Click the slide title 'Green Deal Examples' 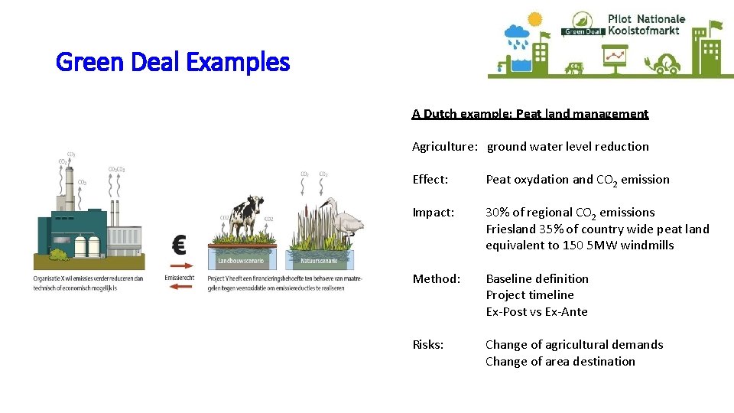pos(173,62)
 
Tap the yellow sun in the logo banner pos(534,19)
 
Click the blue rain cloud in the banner pos(518,33)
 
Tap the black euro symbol pos(179,246)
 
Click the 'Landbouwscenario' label pos(241,261)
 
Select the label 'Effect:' pos(430,180)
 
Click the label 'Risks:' pos(427,345)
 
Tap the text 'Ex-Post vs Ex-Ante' pos(536,312)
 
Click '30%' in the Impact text pos(501,213)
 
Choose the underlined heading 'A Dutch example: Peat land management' pos(530,114)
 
